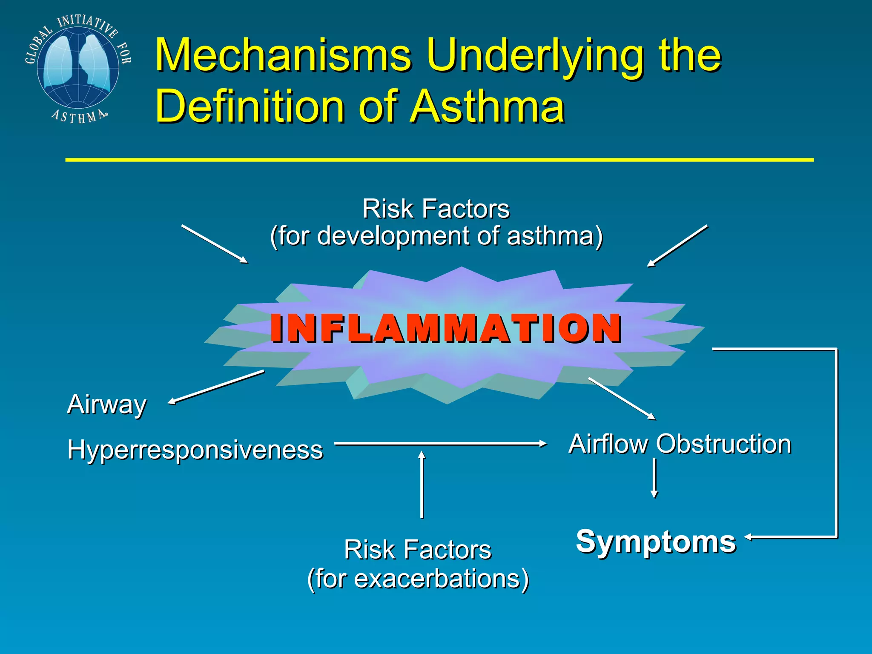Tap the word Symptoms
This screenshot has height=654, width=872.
[x=656, y=542]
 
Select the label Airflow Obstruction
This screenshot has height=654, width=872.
[x=680, y=444]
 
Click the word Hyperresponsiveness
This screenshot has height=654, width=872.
[x=195, y=450]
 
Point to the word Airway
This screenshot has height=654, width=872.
[x=106, y=404]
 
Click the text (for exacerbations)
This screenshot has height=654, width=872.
[x=418, y=579]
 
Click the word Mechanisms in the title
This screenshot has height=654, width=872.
[x=283, y=55]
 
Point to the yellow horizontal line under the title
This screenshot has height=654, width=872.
[x=439, y=160]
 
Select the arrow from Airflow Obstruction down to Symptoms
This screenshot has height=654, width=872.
[x=654, y=478]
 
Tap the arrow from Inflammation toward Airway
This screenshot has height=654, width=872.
[x=216, y=387]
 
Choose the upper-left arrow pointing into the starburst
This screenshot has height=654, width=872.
[x=215, y=244]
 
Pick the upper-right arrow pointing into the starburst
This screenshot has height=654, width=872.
[x=677, y=246]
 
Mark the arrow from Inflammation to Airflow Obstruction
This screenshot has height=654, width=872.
[x=622, y=399]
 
